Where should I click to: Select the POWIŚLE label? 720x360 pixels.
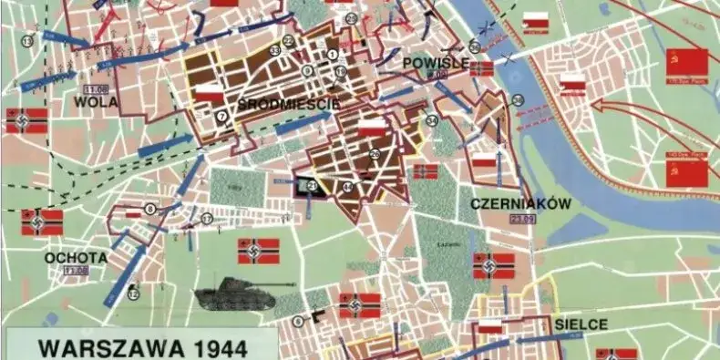point(436,62)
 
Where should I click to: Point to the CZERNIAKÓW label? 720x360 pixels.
point(521,205)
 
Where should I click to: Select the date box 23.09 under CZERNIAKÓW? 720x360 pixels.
point(522,219)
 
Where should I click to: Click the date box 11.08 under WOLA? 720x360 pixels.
point(94,89)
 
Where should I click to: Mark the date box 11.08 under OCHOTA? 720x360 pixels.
point(76,271)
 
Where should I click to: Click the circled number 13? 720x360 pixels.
point(27,42)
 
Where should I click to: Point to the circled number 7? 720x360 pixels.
point(222,116)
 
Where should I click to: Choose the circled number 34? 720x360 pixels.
point(431,120)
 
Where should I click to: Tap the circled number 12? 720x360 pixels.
point(133,293)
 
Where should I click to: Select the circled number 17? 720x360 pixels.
point(207,219)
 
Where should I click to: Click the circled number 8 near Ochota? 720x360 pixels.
point(149,209)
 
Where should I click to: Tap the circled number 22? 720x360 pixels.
point(288,41)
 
